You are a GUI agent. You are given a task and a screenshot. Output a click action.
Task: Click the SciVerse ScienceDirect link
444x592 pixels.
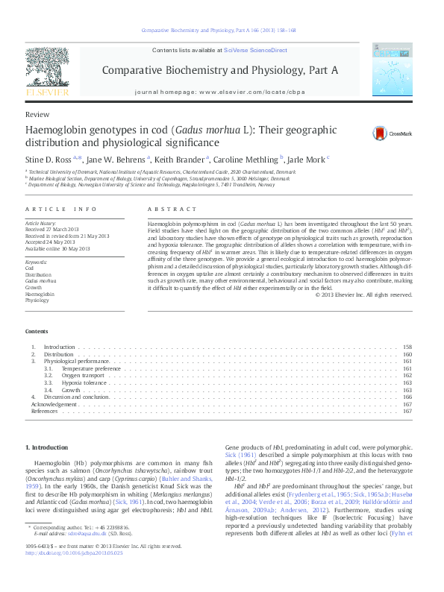pos(255,49)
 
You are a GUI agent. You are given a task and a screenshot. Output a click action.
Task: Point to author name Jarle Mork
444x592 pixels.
pos(304,159)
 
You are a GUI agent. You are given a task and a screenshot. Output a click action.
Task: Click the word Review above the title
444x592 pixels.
pos(37,115)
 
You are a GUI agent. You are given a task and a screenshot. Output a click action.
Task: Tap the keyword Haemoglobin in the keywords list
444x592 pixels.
pos(36,295)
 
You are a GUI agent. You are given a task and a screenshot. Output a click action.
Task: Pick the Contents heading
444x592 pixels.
pos(37,331)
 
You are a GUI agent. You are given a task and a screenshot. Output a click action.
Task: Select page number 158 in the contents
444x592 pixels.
pos(407,347)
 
